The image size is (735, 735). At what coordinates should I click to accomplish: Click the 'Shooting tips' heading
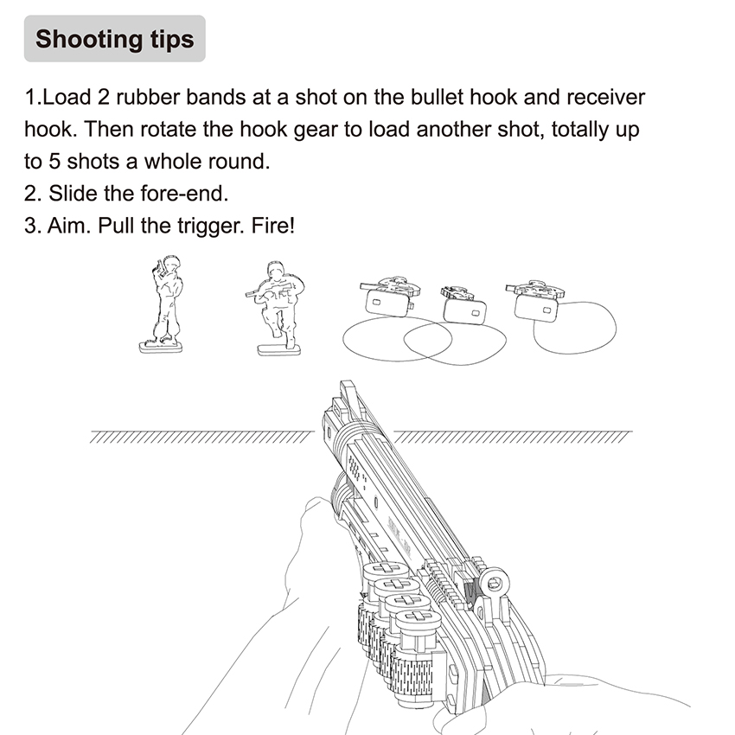pos(114,39)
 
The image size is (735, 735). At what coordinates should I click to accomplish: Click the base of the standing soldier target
pos(161,348)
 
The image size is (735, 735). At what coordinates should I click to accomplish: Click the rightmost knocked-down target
pos(535,297)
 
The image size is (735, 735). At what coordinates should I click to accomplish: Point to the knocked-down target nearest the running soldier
pos(387,297)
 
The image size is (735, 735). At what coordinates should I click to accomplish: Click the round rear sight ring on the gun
pos(495,582)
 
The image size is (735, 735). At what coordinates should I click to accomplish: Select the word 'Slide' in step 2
pos(73,194)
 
